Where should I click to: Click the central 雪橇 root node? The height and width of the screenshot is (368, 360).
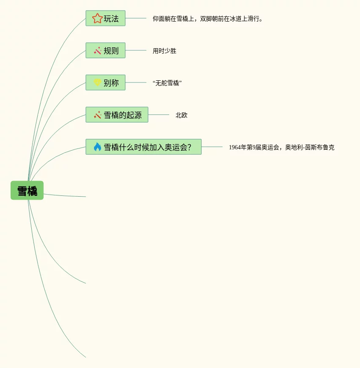pos(27,190)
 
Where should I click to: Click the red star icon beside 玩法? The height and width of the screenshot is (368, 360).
pos(97,18)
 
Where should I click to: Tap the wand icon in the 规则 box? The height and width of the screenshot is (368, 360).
pos(97,51)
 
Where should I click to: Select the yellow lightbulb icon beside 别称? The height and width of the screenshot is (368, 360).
pos(97,82)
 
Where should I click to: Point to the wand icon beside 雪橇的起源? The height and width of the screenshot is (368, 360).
pos(97,115)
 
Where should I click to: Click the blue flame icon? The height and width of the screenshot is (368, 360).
pos(97,147)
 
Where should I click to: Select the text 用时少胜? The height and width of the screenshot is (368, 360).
pos(165,51)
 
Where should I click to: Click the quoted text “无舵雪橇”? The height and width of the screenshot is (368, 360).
pos(167,83)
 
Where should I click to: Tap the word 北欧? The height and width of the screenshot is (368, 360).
pos(181,115)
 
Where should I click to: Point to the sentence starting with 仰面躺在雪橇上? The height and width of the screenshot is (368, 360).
pos(207,19)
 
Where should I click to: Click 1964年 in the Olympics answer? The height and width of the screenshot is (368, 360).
pos(237,147)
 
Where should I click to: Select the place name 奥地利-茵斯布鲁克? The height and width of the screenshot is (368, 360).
pos(310,147)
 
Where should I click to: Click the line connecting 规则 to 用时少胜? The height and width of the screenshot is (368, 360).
pos(136,50)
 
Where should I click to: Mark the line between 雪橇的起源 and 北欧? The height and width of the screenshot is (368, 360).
pos(159,115)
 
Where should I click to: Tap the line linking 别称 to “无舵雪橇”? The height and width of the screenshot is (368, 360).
pos(136,82)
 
